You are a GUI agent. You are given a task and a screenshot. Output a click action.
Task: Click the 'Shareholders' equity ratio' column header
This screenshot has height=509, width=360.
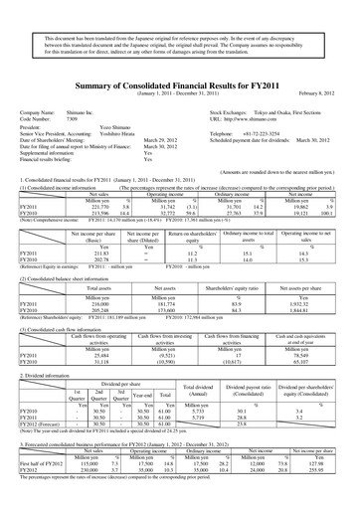point(238,253)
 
